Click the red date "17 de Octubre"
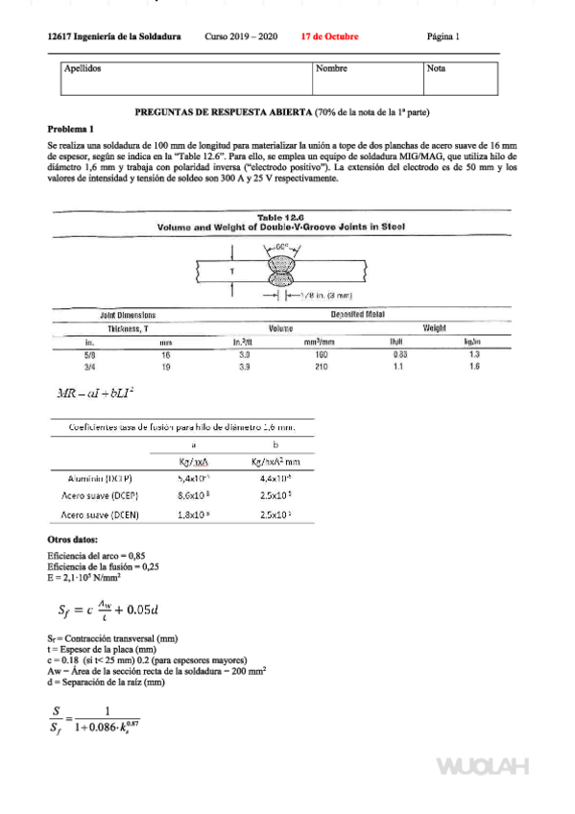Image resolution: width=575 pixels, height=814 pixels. click(329, 36)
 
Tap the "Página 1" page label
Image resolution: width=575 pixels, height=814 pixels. click(443, 36)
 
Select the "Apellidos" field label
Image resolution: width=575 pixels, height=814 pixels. click(83, 69)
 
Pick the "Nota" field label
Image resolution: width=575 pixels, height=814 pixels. click(436, 69)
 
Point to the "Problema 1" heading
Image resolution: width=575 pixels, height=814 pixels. click(71, 129)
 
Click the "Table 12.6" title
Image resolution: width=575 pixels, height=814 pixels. click(280, 218)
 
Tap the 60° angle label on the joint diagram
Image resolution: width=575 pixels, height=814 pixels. click(282, 247)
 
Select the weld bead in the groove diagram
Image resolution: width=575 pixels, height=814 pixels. click(280, 271)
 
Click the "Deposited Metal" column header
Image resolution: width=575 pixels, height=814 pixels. click(357, 315)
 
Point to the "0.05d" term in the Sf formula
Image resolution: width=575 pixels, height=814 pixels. click(138, 609)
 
